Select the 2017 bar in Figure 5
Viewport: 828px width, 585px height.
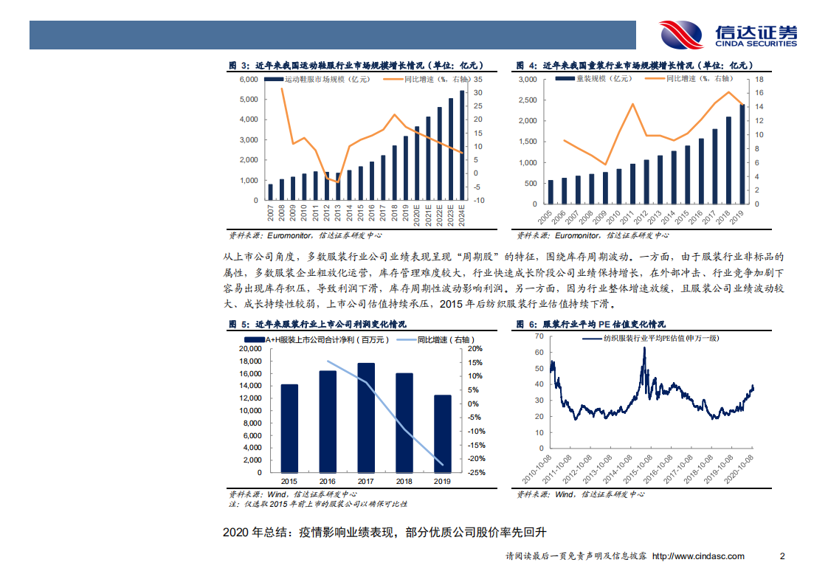pyautogui.click(x=365, y=418)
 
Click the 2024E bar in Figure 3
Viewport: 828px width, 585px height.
pyautogui.click(x=462, y=145)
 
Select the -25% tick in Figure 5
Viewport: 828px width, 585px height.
pyautogui.click(x=476, y=473)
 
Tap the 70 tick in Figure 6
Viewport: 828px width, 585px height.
pyautogui.click(x=539, y=335)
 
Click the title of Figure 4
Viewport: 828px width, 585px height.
pyautogui.click(x=631, y=66)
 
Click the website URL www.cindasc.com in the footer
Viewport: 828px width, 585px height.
pyautogui.click(x=698, y=556)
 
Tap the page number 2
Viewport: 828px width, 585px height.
pyautogui.click(x=782, y=556)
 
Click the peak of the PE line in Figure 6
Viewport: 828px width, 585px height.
pyautogui.click(x=644, y=347)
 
